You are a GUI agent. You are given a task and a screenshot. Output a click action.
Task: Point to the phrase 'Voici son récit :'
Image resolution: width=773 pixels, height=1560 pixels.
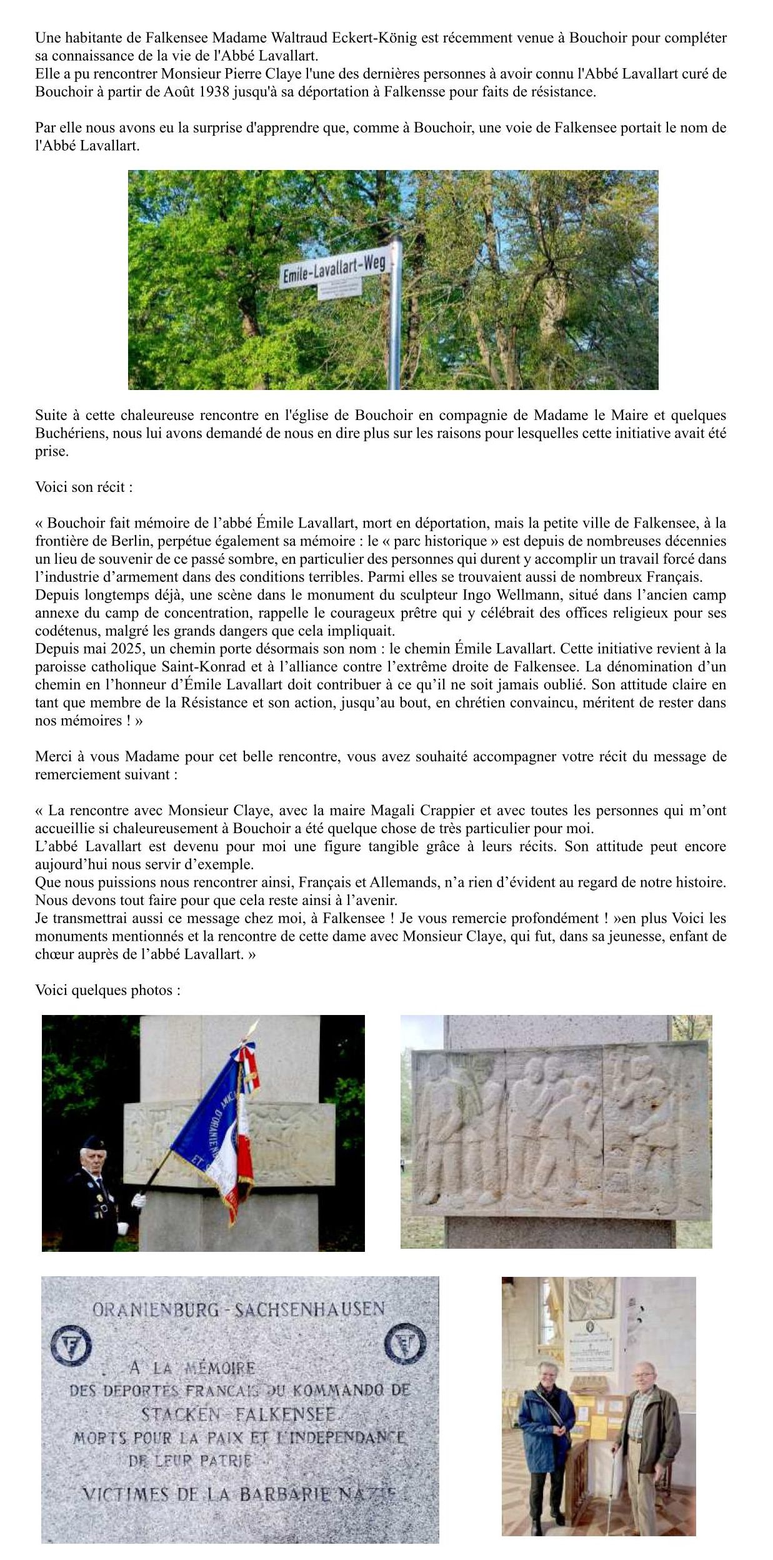(x=84, y=487)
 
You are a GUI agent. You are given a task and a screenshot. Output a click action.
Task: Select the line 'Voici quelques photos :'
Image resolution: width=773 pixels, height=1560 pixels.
(x=107, y=991)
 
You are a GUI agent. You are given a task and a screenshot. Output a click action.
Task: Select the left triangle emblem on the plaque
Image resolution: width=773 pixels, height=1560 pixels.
(x=70, y=1344)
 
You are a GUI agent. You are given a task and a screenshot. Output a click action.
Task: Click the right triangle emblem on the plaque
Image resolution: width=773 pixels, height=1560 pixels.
(x=404, y=1344)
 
